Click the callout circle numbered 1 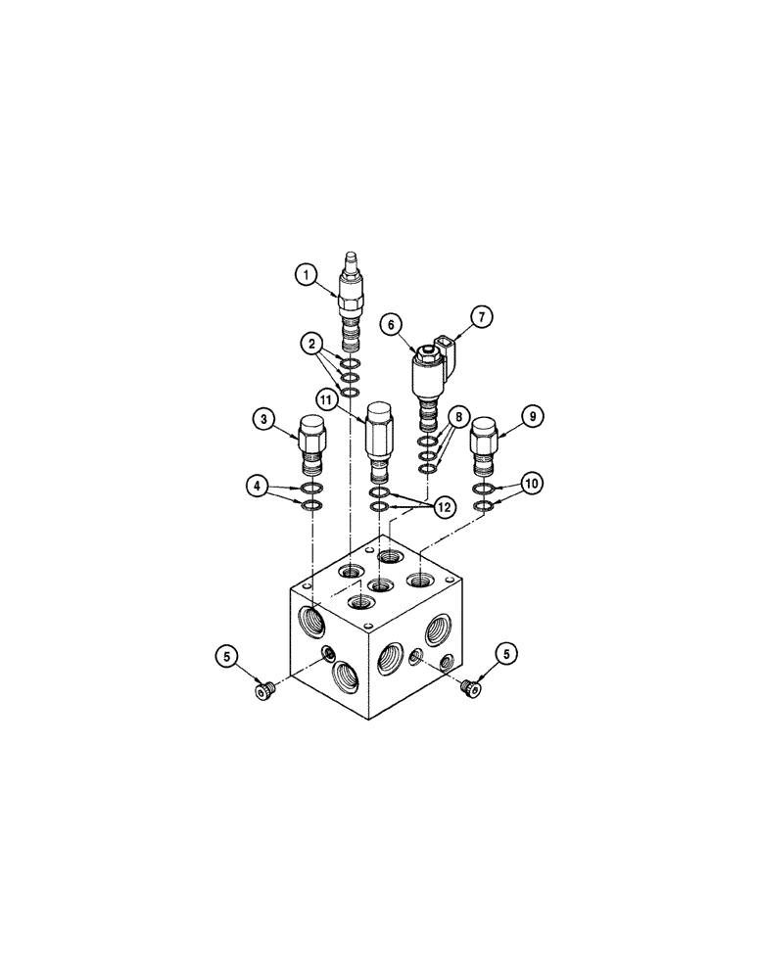point(307,277)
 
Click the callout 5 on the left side point(227,656)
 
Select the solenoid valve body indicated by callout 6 point(426,377)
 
